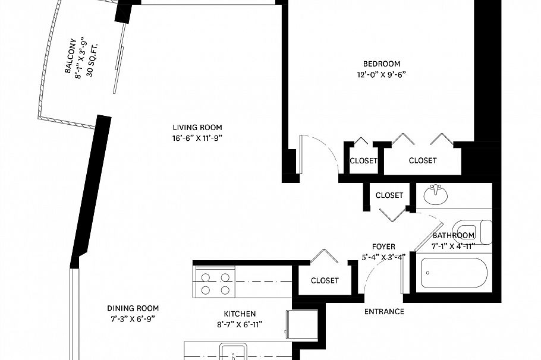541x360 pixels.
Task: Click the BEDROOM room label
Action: tap(382, 64)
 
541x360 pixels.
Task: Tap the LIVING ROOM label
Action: tap(197, 128)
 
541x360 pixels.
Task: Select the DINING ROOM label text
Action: tap(133, 308)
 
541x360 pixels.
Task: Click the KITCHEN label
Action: tap(240, 314)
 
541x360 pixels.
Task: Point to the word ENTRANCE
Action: tap(384, 312)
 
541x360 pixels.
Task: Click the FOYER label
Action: tap(383, 247)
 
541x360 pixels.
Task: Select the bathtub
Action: tap(454, 273)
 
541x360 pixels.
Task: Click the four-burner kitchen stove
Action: tap(215, 282)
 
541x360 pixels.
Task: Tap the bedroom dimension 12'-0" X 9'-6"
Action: tap(381, 75)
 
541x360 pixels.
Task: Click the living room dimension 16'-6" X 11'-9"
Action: tap(197, 138)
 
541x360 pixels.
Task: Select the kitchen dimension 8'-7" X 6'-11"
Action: tap(240, 324)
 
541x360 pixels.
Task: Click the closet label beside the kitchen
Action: tap(325, 280)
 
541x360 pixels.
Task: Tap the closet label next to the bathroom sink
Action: tap(389, 195)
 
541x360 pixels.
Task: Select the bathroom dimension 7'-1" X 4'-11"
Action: tap(454, 246)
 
